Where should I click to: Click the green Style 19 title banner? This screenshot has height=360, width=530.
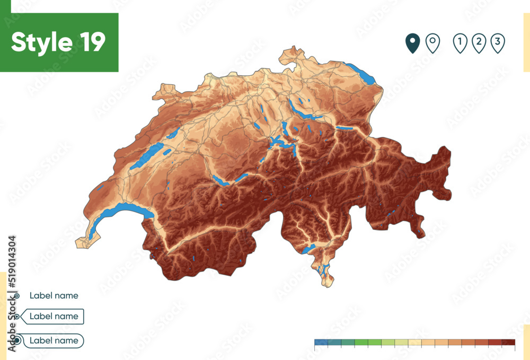pyautogui.click(x=59, y=42)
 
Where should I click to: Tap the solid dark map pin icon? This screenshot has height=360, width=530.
pyautogui.click(x=412, y=43)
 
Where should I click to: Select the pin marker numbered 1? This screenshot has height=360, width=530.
pyautogui.click(x=460, y=43)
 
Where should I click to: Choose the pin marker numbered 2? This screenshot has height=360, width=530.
pyautogui.click(x=479, y=43)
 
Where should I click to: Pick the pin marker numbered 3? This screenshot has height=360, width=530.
pyautogui.click(x=497, y=43)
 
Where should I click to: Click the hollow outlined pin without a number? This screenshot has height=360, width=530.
pyautogui.click(x=433, y=43)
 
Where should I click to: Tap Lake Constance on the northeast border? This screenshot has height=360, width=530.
pyautogui.click(x=363, y=74)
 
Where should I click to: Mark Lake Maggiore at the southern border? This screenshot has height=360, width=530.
pyautogui.click(x=309, y=248)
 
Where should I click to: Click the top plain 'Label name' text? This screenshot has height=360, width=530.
pyautogui.click(x=54, y=296)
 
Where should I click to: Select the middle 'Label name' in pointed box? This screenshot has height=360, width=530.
pyautogui.click(x=54, y=317)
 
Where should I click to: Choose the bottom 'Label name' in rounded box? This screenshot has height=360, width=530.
pyautogui.click(x=54, y=340)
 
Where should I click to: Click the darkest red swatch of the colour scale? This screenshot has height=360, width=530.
pyautogui.click(x=508, y=343)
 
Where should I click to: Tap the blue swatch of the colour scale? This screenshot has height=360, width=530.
pyautogui.click(x=321, y=343)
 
